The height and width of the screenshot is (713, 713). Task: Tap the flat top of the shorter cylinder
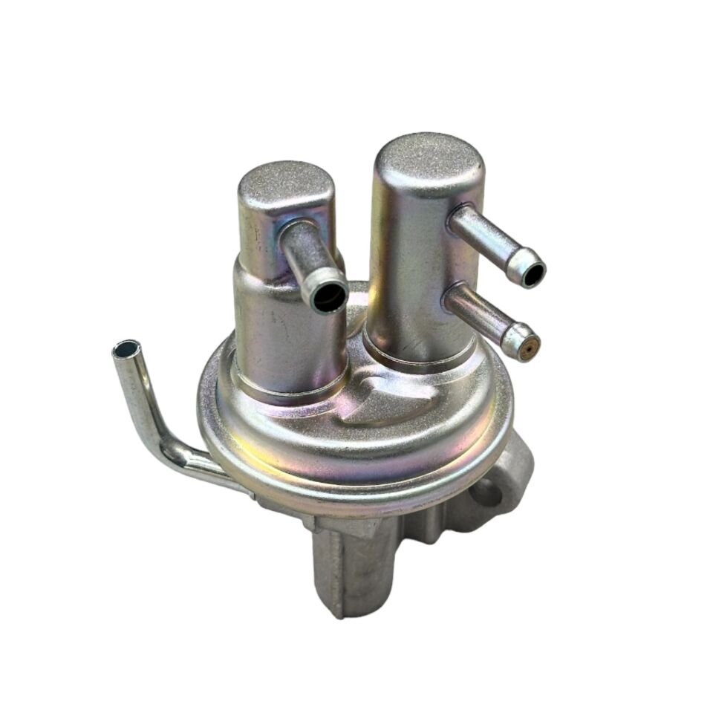286,186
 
